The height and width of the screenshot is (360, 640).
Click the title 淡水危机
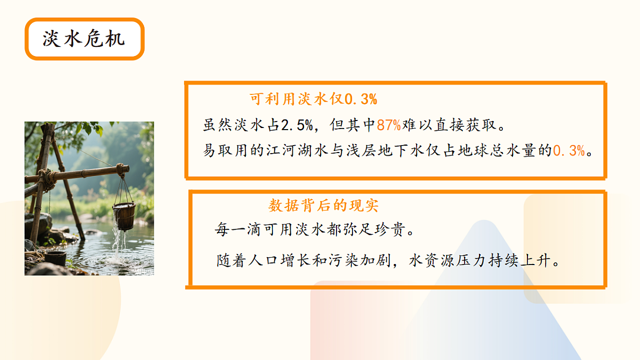coord(84,39)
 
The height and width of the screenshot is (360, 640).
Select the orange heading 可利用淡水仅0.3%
coord(314,99)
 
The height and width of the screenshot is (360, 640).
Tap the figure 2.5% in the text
coord(297,125)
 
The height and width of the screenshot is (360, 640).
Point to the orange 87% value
coord(389,125)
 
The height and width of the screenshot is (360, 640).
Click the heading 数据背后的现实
coord(323,206)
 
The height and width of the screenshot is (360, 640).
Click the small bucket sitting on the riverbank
coord(55,259)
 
